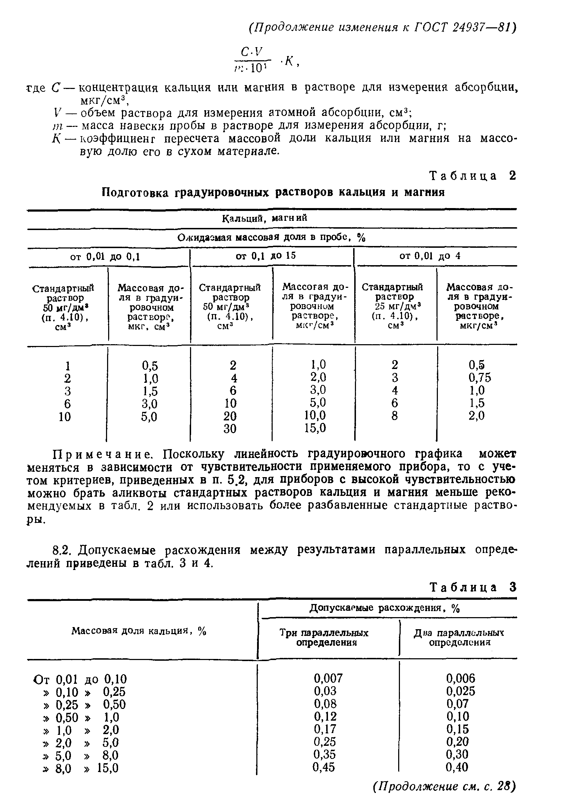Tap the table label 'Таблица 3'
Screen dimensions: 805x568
click(x=472, y=587)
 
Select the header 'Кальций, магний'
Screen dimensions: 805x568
click(x=264, y=218)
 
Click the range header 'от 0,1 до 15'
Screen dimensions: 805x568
click(x=266, y=256)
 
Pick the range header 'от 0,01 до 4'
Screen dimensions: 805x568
click(x=430, y=256)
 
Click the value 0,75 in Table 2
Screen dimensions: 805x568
click(x=480, y=378)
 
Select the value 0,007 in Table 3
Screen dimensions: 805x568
click(x=328, y=678)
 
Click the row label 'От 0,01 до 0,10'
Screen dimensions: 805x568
click(x=80, y=679)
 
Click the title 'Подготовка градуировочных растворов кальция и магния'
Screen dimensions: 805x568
click(x=273, y=193)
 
